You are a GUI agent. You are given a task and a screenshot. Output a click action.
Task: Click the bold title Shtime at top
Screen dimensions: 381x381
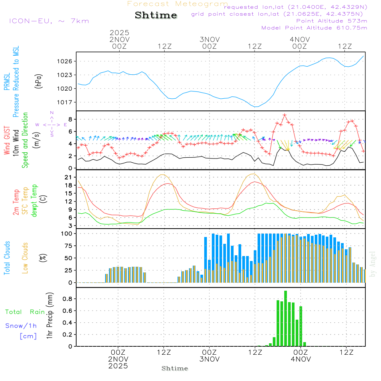click(x=156, y=15)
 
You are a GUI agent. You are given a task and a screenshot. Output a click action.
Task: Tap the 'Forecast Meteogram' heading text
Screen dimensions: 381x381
click(x=178, y=4)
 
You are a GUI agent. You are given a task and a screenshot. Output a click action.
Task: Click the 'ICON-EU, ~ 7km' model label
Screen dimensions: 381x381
click(x=49, y=21)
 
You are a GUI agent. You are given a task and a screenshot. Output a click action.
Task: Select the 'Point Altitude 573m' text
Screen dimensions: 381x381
click(x=331, y=21)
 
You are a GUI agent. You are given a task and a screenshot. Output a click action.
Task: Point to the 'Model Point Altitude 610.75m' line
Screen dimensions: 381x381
click(x=314, y=28)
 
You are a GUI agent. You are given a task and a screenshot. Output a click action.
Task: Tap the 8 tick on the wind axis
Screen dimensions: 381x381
click(x=70, y=119)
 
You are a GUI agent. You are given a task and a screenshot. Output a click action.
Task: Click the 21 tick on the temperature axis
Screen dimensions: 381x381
click(x=69, y=177)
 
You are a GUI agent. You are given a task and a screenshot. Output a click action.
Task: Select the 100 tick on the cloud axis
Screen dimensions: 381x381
click(x=67, y=234)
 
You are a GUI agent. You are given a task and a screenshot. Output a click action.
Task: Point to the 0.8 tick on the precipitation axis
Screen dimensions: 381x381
click(x=67, y=299)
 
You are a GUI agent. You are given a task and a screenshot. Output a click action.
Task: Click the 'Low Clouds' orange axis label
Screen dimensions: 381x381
click(x=25, y=258)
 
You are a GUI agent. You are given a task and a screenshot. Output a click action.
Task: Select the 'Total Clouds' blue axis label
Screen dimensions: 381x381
click(x=7, y=258)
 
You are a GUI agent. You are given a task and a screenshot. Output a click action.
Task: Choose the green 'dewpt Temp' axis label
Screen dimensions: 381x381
click(x=35, y=201)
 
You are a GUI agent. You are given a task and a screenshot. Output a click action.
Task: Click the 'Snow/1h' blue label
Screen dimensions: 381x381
click(x=21, y=326)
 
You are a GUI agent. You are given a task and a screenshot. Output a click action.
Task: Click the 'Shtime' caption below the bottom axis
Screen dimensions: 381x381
click(x=175, y=368)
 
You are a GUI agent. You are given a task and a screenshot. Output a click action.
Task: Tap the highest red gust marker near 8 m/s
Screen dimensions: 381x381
click(x=285, y=115)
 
